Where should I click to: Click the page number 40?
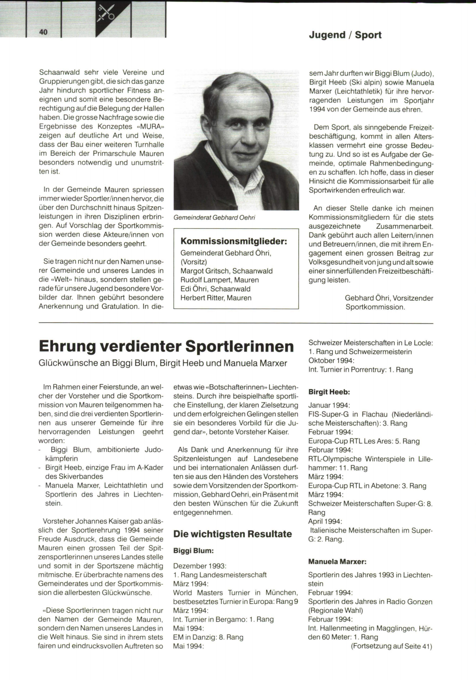pos(43,32)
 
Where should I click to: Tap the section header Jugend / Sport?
pos(345,35)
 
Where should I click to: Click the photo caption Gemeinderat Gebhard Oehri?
pos(214,217)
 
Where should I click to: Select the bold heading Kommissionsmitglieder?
pos(234,241)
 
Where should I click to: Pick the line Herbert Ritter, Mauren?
pos(216,298)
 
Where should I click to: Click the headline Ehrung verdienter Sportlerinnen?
pos(166,346)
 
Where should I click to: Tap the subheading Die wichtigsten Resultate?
pos(232,534)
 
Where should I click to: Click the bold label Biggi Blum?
pos(194,551)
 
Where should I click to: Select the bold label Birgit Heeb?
pos(329,392)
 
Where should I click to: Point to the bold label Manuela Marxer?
pos(337,561)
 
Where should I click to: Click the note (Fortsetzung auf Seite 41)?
pos(391,646)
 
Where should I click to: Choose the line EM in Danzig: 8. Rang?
pos(208,637)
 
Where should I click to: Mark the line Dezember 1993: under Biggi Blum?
pos(200,566)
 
